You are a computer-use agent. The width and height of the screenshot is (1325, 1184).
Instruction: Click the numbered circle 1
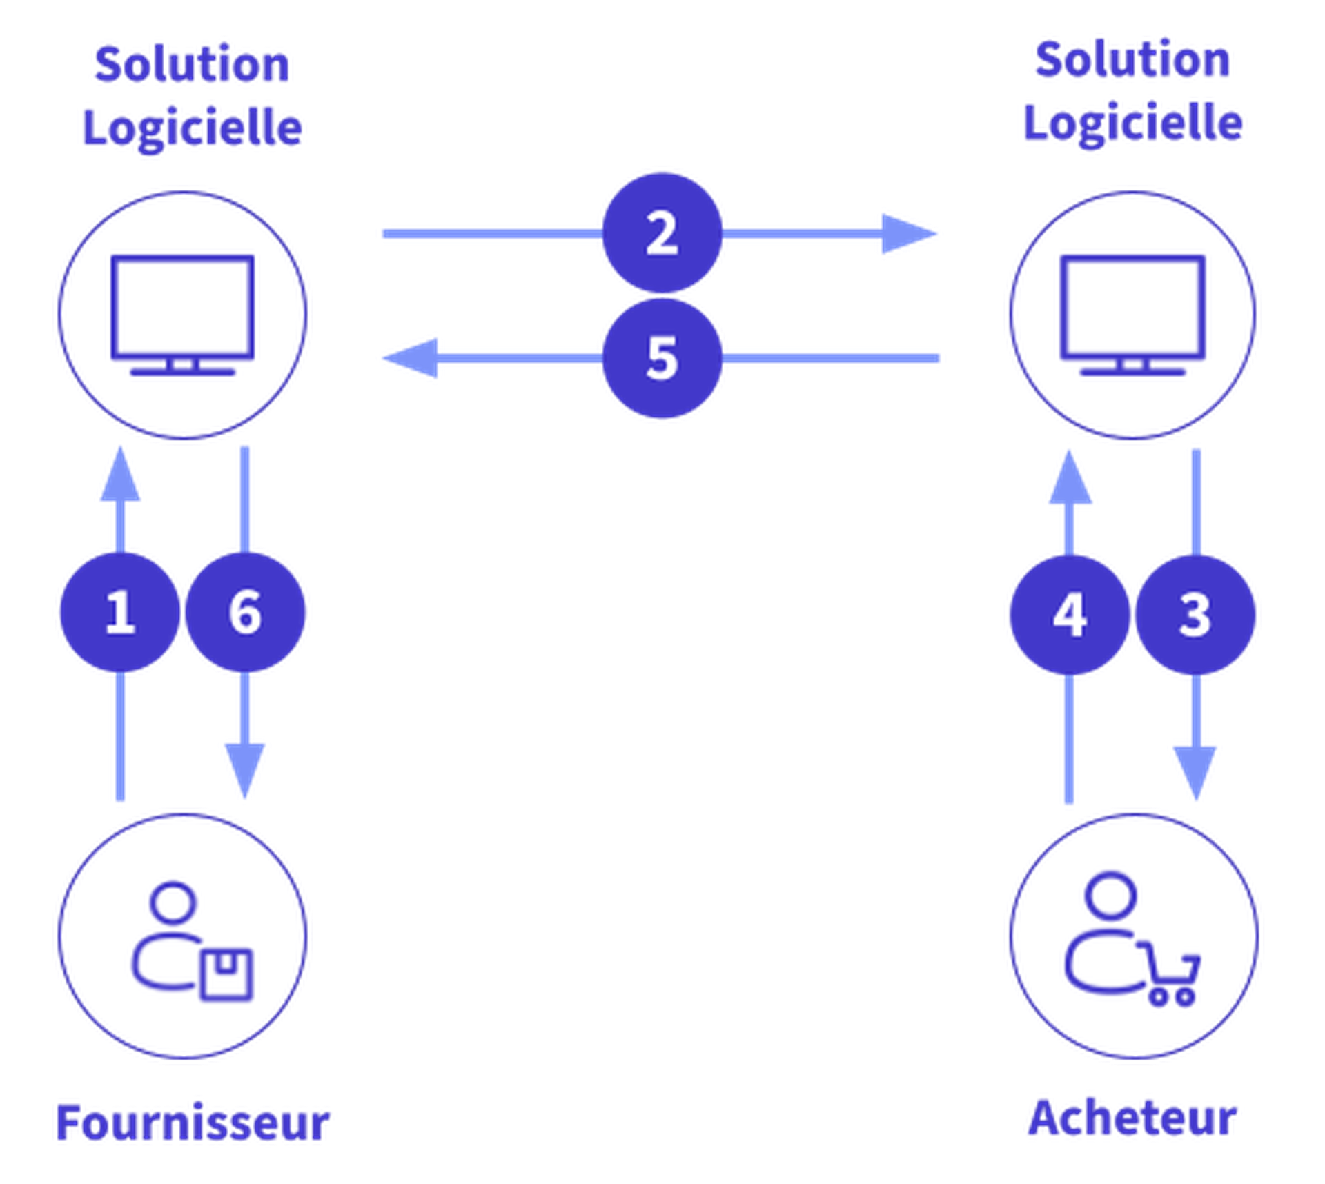tap(119, 612)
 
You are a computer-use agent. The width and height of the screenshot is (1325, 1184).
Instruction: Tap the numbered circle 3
tap(1196, 615)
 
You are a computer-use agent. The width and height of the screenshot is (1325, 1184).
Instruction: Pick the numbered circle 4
tap(1070, 615)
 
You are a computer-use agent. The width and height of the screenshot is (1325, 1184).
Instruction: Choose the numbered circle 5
tap(662, 358)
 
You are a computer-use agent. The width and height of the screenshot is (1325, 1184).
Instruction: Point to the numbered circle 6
tap(246, 612)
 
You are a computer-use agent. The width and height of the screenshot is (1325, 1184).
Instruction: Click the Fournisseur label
tap(193, 1122)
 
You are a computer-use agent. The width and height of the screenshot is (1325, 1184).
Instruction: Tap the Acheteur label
tap(1132, 1118)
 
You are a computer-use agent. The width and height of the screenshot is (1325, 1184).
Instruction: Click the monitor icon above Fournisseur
tap(183, 314)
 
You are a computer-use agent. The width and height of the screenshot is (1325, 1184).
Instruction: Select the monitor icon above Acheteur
tap(1132, 314)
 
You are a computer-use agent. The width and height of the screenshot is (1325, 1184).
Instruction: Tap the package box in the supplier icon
tap(226, 974)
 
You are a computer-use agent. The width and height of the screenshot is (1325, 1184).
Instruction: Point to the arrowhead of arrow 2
tap(910, 233)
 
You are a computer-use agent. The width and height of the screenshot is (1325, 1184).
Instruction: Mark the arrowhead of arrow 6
tap(245, 770)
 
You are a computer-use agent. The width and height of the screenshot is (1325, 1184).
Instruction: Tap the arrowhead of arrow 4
tap(1070, 477)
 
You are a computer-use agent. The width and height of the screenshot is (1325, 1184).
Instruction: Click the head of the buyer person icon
tap(1110, 895)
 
